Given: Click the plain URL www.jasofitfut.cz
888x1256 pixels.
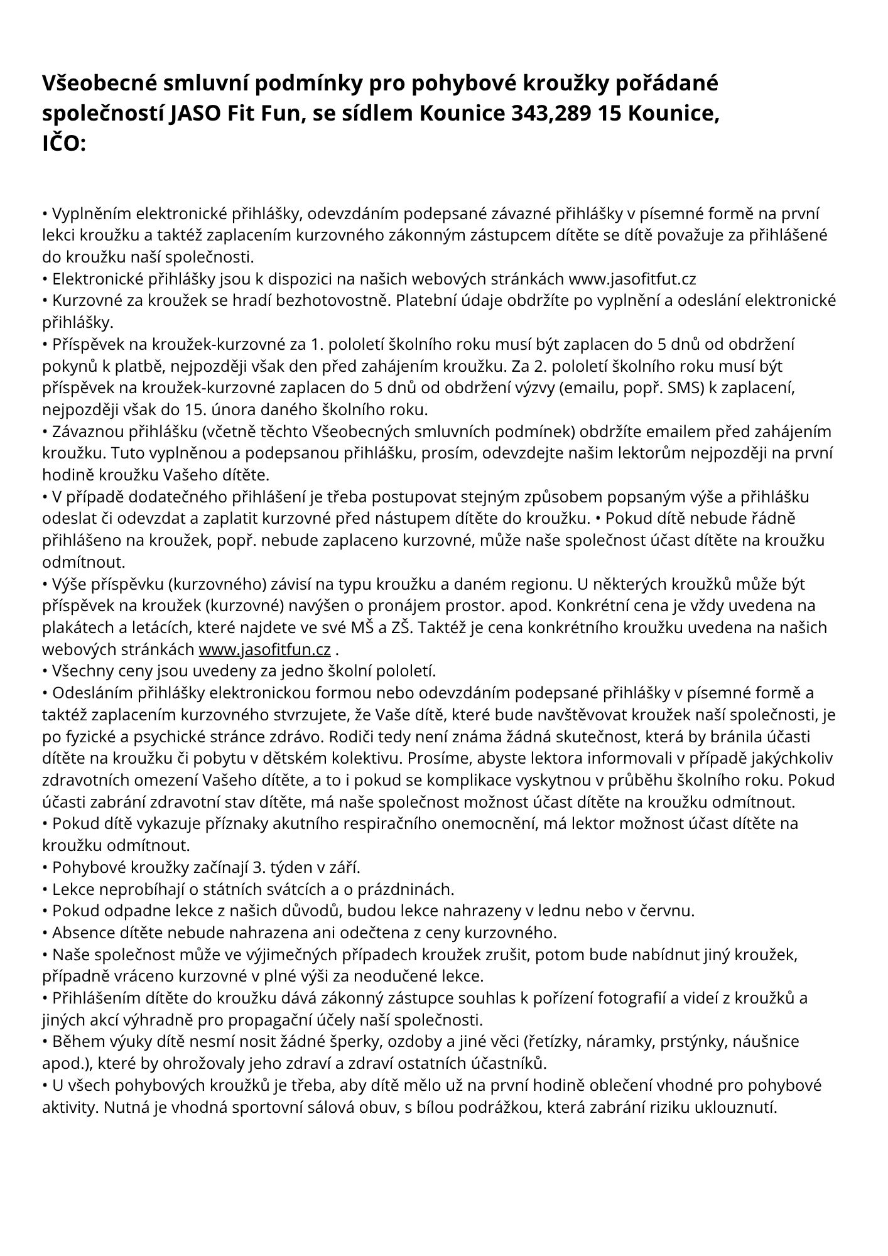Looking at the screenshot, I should (x=632, y=278).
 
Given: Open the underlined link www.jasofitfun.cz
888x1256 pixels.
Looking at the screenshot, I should (x=264, y=649).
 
